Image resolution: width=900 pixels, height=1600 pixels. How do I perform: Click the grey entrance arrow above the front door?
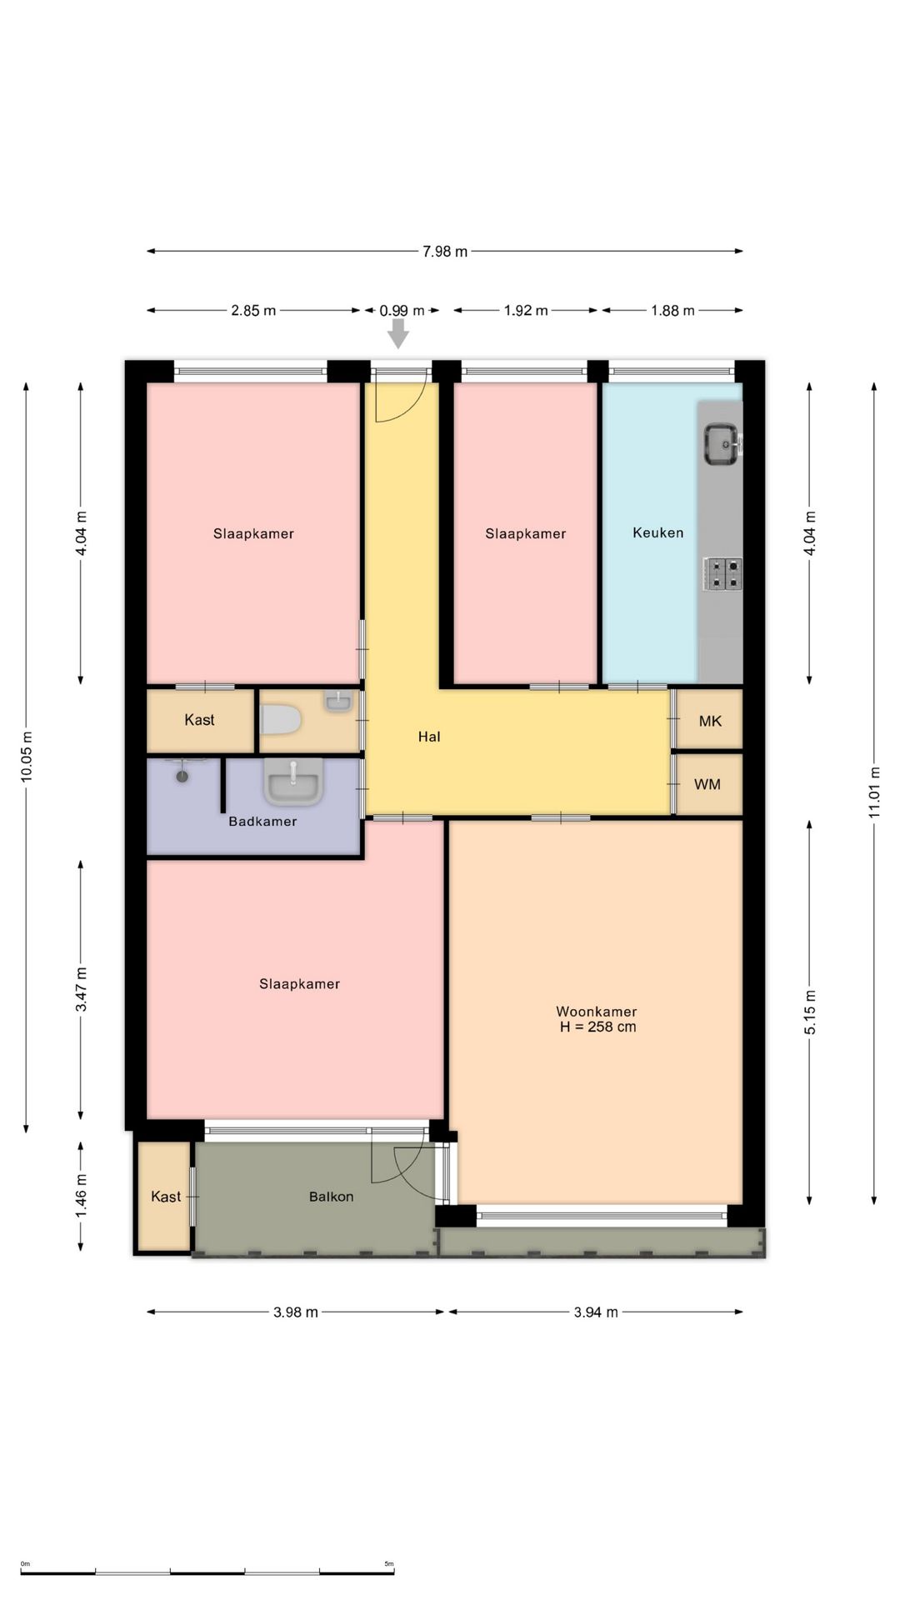(398, 333)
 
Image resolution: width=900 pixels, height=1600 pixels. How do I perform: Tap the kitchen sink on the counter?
(721, 443)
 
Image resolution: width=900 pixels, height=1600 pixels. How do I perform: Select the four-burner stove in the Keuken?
(722, 573)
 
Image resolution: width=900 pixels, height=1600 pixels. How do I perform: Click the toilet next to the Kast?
(280, 719)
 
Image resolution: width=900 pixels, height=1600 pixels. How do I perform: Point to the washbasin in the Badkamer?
(293, 782)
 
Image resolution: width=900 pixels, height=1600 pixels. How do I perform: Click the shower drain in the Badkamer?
(182, 776)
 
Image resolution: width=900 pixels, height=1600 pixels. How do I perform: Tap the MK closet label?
(710, 721)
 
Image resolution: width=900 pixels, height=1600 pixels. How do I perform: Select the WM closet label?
(707, 784)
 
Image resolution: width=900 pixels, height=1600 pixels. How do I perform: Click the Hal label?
(429, 737)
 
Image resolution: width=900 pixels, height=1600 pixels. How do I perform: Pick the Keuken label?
(657, 532)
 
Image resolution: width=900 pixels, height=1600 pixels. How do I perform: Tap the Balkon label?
(331, 1197)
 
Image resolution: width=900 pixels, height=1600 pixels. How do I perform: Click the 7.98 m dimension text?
(445, 251)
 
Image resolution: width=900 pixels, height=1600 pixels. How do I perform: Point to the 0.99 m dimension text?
(402, 311)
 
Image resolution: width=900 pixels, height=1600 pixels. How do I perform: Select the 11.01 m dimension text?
(875, 792)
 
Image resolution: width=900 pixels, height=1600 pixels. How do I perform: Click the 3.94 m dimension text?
(596, 1312)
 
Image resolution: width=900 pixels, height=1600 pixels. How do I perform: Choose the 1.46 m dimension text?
(81, 1195)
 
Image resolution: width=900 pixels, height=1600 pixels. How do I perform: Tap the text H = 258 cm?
(597, 1027)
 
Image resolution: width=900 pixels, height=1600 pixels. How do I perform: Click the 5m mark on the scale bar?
(389, 1564)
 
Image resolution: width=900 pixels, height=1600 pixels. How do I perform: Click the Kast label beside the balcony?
(166, 1197)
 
